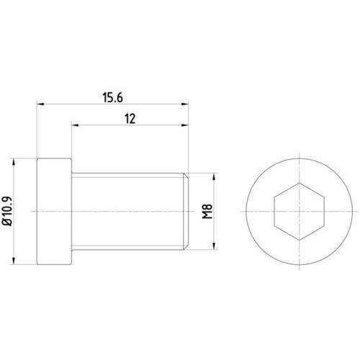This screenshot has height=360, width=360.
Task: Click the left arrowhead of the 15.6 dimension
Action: (x=40, y=104)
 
